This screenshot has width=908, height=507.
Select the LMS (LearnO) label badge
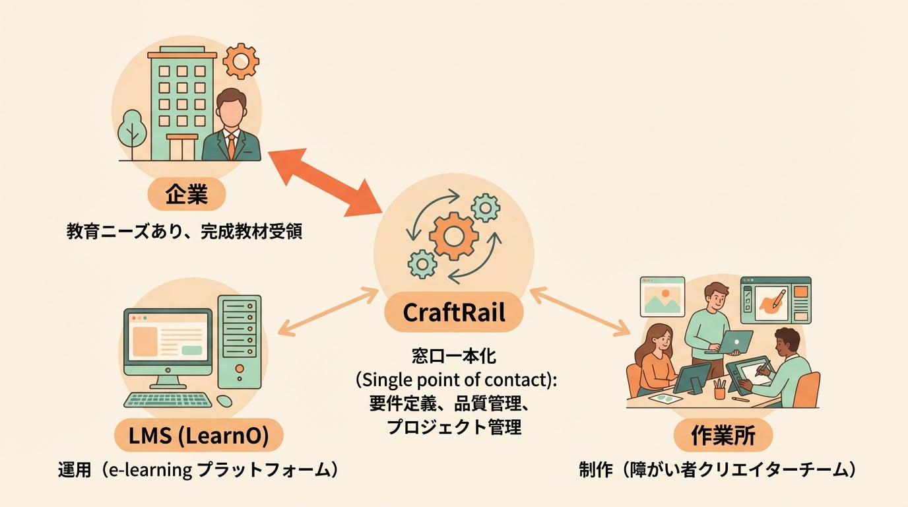point(198,436)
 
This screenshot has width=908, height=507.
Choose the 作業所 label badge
point(723,436)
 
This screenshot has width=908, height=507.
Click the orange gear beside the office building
point(240,61)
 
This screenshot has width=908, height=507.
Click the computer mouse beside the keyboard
point(224,400)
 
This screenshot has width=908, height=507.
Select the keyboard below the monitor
point(168,400)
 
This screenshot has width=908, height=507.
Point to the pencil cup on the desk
point(719,389)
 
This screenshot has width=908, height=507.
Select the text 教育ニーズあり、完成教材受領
point(184,232)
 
